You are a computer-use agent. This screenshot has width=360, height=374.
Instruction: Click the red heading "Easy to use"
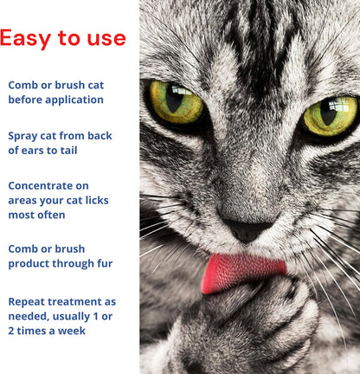point(63,38)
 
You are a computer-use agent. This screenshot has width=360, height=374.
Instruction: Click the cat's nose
point(247,230)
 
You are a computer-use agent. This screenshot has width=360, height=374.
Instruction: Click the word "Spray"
point(27,136)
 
